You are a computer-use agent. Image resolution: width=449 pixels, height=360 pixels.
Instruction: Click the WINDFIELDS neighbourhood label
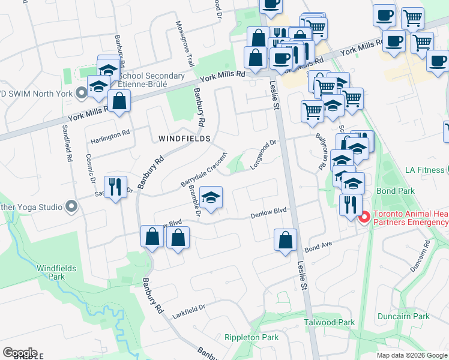tap(184, 139)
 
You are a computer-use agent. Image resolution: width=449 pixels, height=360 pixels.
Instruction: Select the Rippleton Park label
tap(251, 337)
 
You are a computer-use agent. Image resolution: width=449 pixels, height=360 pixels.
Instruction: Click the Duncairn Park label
tap(403, 316)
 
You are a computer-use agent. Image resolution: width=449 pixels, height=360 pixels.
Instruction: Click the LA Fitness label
tap(424, 170)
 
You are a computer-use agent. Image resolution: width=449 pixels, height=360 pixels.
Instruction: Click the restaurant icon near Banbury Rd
tap(115, 186)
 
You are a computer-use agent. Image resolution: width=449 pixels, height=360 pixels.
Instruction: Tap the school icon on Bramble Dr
tap(211, 198)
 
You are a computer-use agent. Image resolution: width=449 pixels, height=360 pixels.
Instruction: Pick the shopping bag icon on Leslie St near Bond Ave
tap(286, 239)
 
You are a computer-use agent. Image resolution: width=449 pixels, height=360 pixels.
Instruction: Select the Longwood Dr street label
tap(264, 154)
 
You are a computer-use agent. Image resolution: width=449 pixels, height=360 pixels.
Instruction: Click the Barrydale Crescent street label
tap(204, 169)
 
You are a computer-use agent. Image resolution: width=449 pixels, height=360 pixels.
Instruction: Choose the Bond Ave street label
tap(318, 247)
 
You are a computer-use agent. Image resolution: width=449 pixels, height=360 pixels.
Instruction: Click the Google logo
tap(20, 352)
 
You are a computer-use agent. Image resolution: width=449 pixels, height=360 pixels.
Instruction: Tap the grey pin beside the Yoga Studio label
tap(71, 207)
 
